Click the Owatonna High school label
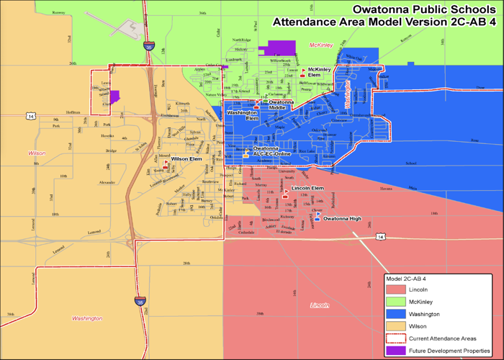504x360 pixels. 342,218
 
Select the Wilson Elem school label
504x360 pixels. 186,159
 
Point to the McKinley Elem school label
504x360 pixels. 319,72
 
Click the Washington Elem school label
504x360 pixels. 242,115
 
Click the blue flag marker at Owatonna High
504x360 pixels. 318,216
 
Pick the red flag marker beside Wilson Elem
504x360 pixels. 166,163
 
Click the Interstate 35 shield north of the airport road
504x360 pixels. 148,45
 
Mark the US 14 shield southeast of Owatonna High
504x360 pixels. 379,236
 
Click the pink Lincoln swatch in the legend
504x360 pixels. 396,289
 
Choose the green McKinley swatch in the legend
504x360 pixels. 396,302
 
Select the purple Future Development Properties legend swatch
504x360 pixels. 396,350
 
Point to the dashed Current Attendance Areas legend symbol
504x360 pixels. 396,338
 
